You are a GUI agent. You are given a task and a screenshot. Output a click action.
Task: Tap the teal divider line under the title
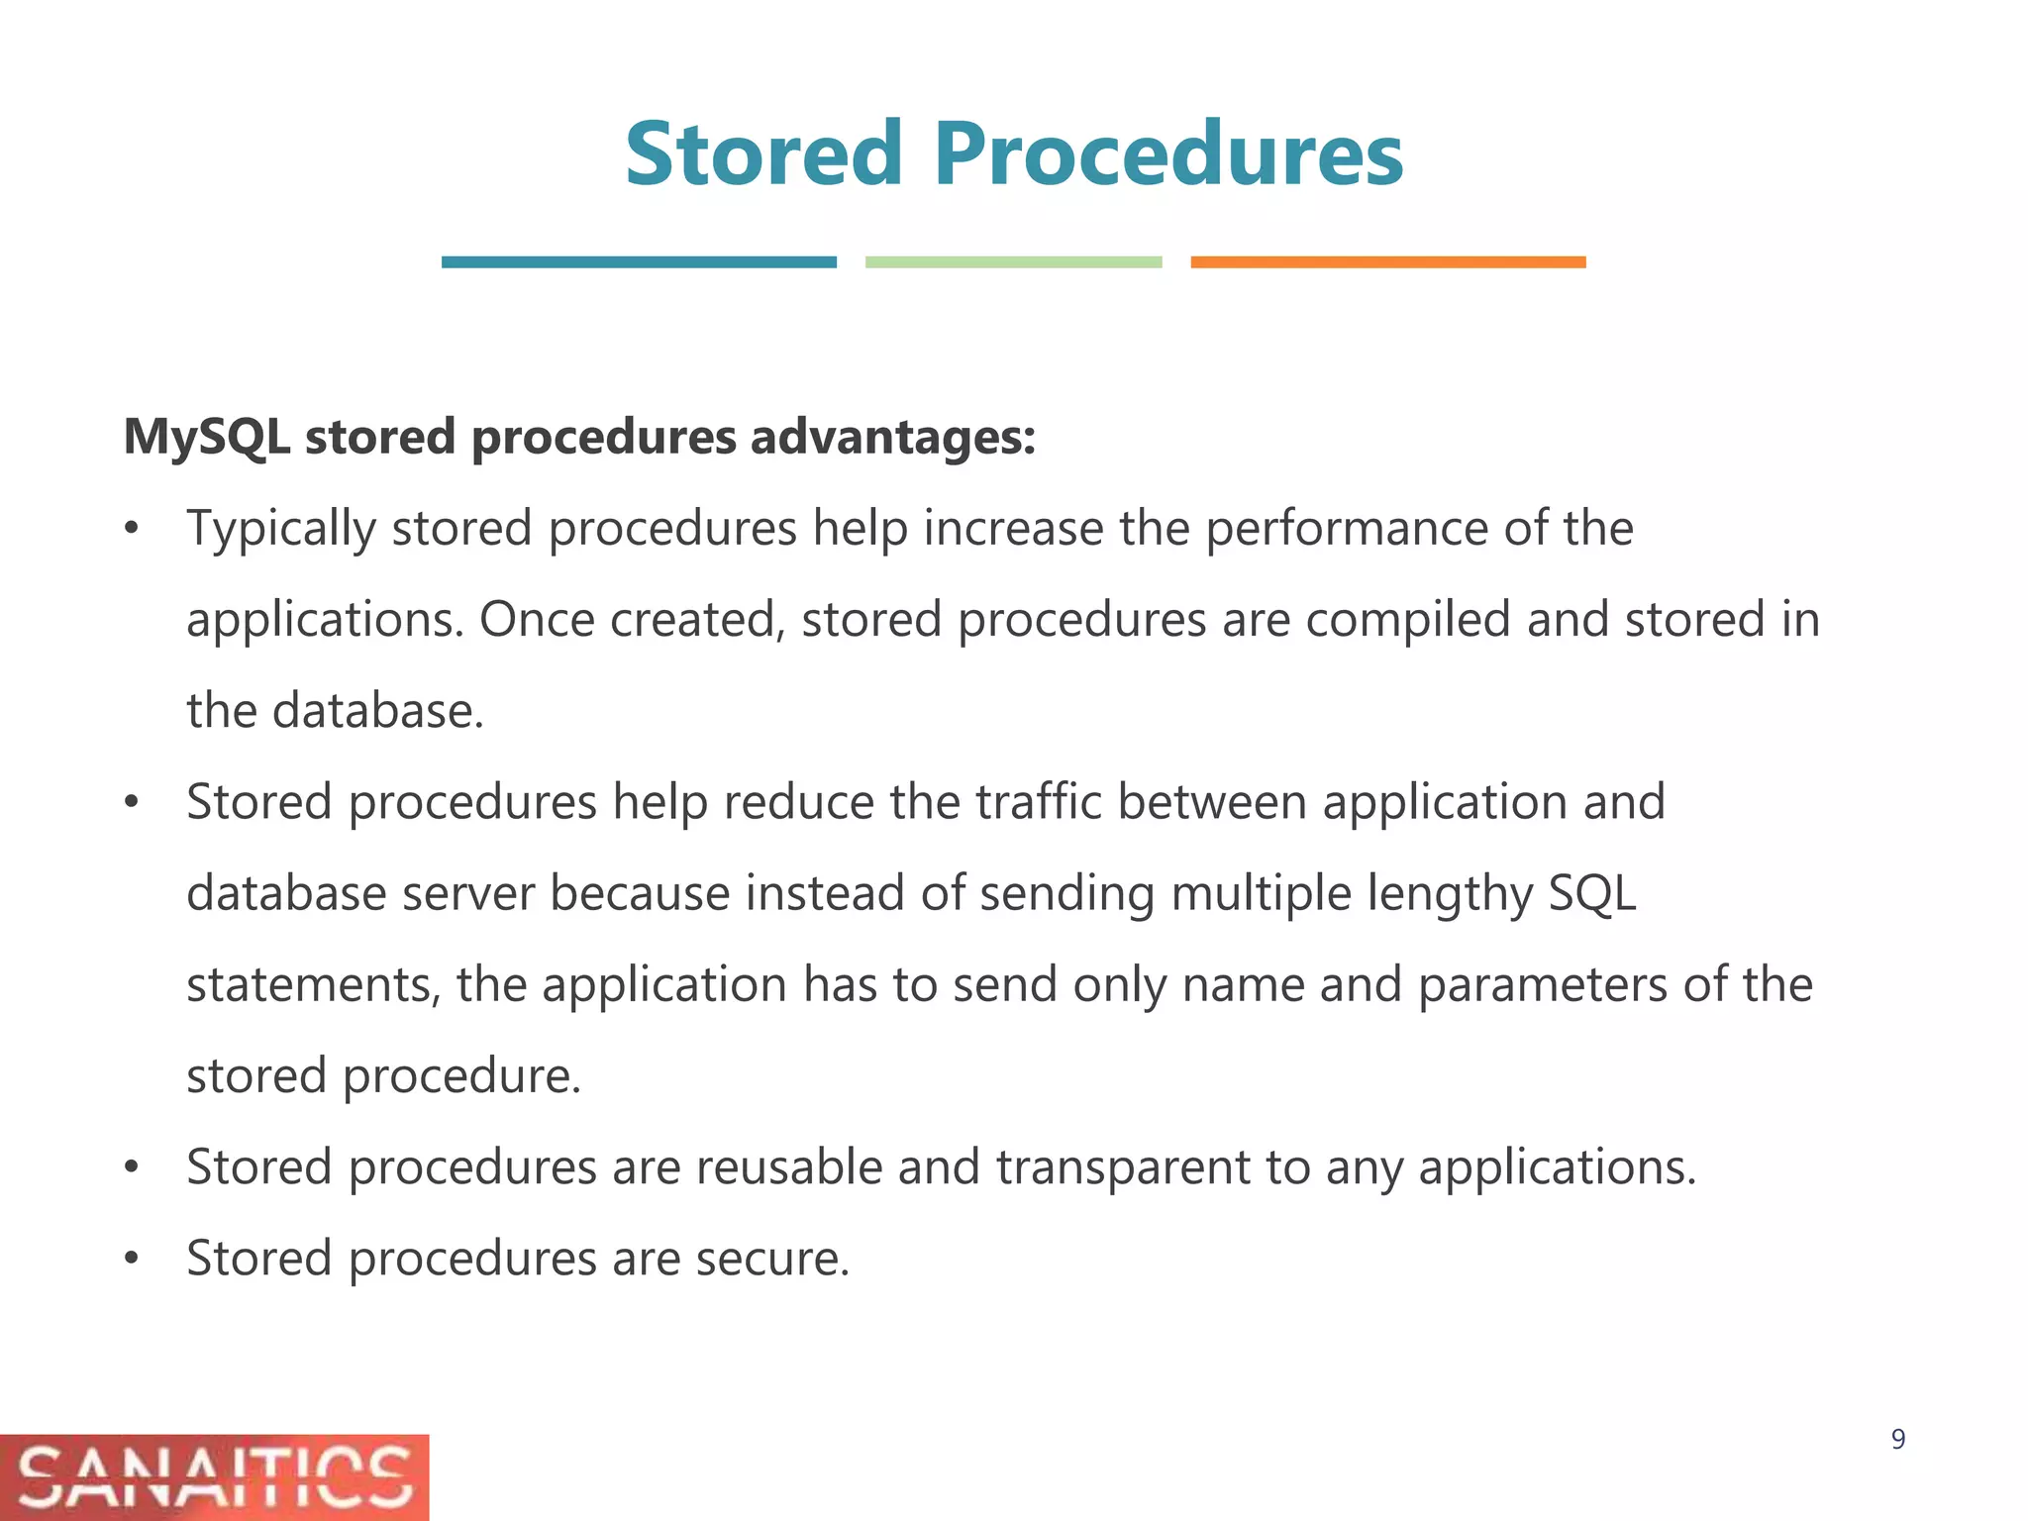[x=639, y=262]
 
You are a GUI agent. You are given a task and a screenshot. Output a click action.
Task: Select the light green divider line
[x=1013, y=262]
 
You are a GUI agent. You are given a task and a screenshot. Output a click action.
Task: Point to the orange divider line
[x=1387, y=262]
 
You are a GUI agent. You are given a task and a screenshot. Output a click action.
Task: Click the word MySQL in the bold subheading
[x=207, y=438]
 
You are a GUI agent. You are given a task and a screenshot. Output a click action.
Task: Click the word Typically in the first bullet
[x=281, y=529]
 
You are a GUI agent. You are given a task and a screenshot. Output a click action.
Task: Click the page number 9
[x=1897, y=1439]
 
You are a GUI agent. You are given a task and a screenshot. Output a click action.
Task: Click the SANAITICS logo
[x=214, y=1476]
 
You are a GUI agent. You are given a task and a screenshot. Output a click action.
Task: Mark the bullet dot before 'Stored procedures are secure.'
[x=133, y=1260]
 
